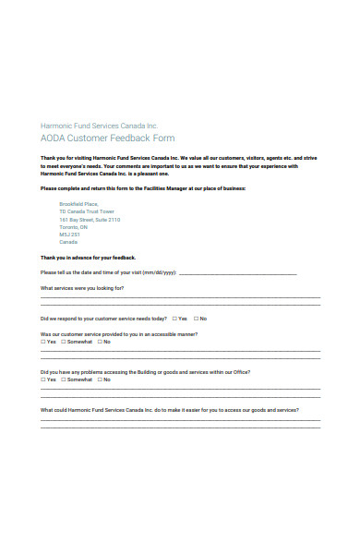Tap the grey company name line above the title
point(99,125)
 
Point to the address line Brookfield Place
point(78,202)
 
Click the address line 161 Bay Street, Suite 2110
point(90,220)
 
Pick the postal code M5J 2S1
point(69,236)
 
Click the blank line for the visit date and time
point(237,274)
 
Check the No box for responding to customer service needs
point(195,318)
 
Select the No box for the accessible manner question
point(100,342)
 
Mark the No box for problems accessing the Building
point(100,379)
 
